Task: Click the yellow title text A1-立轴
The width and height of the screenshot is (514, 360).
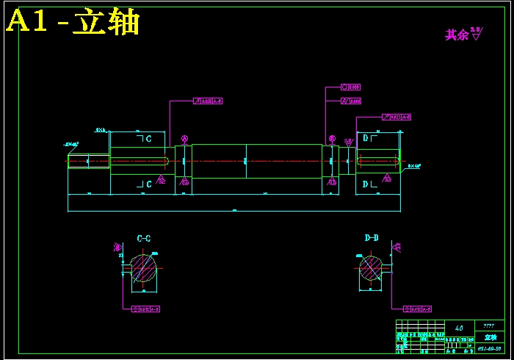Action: pos(73,23)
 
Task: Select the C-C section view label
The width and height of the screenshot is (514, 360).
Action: pos(144,238)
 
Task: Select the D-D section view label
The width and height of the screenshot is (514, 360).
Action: pos(372,238)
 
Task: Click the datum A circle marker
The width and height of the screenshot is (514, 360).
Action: pos(184,138)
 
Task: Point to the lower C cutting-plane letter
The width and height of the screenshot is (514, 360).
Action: pos(148,184)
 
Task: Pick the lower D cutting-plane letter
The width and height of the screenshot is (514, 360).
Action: pos(366,184)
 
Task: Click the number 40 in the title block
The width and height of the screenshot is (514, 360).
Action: pos(460,328)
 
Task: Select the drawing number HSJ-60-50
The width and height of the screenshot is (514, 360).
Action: pos(490,348)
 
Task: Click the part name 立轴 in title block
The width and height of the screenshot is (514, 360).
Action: pos(490,336)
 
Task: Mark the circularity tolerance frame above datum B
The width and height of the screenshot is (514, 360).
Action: pos(351,87)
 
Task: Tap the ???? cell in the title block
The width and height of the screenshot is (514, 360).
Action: pos(490,324)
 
